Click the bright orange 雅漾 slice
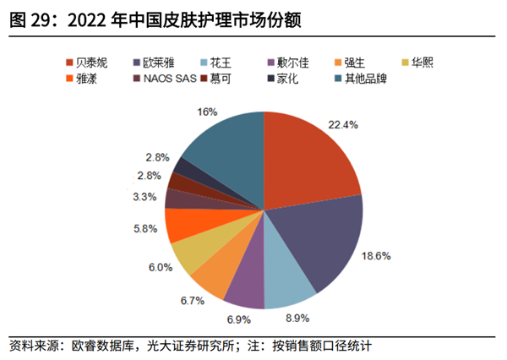(182, 226)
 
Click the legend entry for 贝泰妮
(90, 62)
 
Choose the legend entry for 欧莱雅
(159, 62)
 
